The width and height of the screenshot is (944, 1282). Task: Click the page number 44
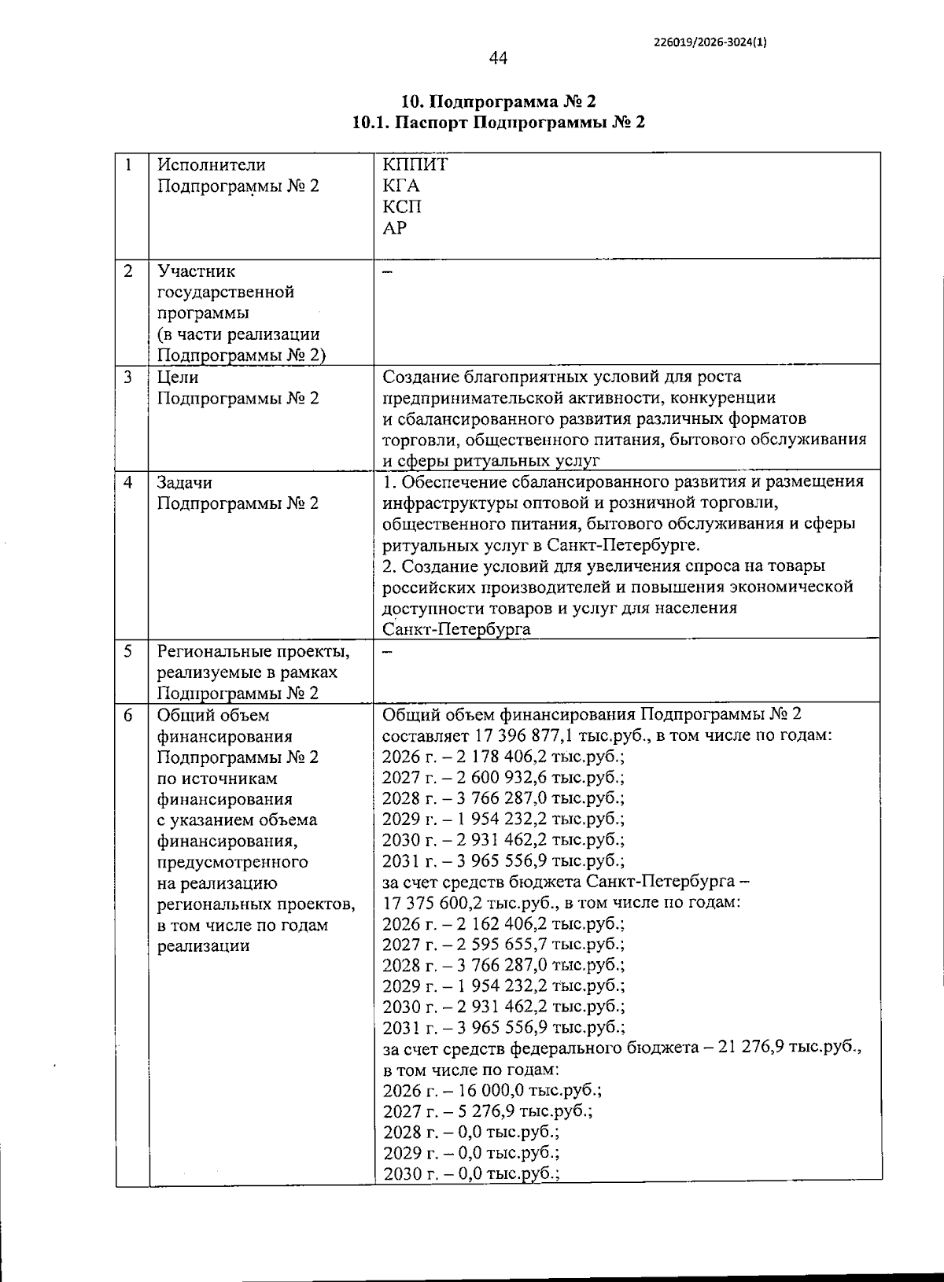click(x=499, y=58)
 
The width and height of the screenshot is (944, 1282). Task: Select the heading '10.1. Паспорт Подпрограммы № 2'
click(x=499, y=123)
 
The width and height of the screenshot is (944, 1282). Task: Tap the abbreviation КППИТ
click(x=415, y=165)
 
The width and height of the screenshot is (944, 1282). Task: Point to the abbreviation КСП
click(x=402, y=207)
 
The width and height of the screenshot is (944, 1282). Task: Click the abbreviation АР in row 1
click(x=395, y=228)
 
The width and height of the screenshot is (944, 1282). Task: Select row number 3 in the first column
click(x=128, y=377)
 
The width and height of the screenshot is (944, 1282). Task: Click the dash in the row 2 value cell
click(x=386, y=272)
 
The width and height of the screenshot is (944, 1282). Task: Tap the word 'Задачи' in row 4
click(x=184, y=482)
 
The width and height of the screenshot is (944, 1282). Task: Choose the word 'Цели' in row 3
click(x=178, y=377)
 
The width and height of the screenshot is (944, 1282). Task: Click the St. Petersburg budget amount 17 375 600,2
click(x=434, y=903)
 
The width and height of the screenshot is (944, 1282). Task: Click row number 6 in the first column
click(x=128, y=715)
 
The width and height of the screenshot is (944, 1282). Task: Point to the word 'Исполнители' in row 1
click(x=211, y=165)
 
